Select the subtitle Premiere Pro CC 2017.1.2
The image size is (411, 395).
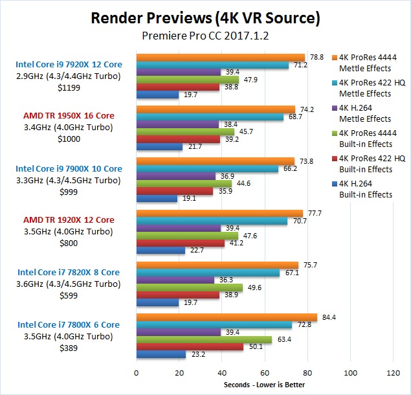point(205,37)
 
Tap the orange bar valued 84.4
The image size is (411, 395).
point(227,317)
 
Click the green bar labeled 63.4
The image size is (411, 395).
point(204,339)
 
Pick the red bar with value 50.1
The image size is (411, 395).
point(190,347)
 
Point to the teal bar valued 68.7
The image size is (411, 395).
point(210,117)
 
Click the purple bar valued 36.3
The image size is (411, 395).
point(175,280)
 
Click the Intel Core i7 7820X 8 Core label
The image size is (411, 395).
point(69,272)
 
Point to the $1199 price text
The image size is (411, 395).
point(69,85)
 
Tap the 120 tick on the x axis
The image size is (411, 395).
point(393,374)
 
